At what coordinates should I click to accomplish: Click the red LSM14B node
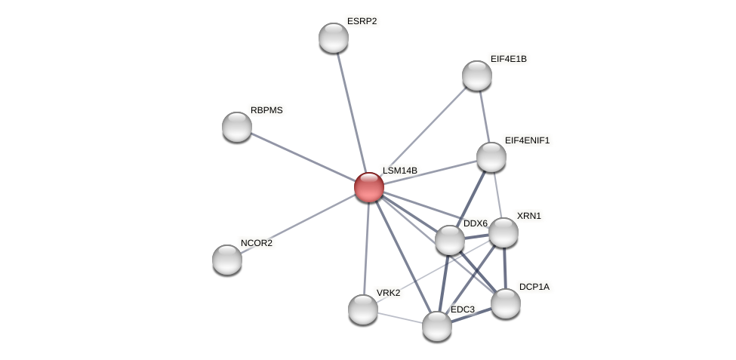click(x=369, y=187)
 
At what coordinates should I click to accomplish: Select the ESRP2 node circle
click(x=334, y=38)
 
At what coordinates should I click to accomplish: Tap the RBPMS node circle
click(x=237, y=127)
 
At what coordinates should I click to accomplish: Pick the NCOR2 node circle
click(x=227, y=260)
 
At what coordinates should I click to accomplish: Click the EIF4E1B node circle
click(x=477, y=75)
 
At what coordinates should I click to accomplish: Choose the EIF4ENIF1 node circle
click(x=491, y=157)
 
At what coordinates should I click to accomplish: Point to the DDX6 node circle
click(x=450, y=240)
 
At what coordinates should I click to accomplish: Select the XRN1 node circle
click(x=503, y=232)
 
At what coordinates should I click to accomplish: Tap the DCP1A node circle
click(x=506, y=303)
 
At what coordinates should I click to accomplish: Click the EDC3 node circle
click(x=437, y=326)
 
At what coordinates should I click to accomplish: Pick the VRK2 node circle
click(x=363, y=309)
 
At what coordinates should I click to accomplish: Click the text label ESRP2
click(x=362, y=21)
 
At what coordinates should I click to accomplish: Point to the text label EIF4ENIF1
click(x=527, y=140)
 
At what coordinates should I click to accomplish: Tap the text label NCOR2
click(x=257, y=243)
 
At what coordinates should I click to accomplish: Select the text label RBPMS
click(x=266, y=110)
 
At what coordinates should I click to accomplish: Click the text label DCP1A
click(x=534, y=287)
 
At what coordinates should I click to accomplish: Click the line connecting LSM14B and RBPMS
click(x=302, y=156)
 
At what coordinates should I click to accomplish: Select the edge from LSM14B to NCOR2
click(x=298, y=223)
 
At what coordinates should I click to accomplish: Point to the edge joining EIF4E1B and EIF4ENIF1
click(x=485, y=116)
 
